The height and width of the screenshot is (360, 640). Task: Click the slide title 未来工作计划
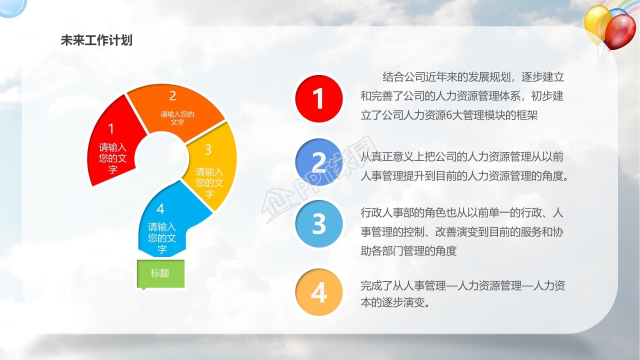click(x=96, y=40)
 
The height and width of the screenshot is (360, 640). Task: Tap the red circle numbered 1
click(x=319, y=99)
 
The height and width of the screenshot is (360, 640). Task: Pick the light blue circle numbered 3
click(x=319, y=223)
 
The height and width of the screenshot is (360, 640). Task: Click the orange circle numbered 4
click(x=319, y=292)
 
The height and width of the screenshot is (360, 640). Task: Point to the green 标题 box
click(x=160, y=273)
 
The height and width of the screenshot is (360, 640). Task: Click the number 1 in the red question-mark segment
click(x=111, y=129)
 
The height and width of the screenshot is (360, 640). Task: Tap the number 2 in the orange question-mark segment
click(x=172, y=96)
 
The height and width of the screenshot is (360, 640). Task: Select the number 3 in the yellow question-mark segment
click(x=208, y=149)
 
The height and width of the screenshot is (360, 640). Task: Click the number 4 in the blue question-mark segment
click(x=160, y=209)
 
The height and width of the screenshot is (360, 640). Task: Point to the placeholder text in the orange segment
click(x=177, y=118)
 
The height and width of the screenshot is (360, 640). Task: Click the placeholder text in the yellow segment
click(x=209, y=183)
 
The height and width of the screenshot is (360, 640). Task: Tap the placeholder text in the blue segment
click(x=162, y=238)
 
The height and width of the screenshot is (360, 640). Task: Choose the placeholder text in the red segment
click(x=113, y=158)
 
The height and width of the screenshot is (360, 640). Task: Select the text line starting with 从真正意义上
click(x=461, y=156)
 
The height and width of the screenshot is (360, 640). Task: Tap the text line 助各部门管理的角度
click(x=408, y=251)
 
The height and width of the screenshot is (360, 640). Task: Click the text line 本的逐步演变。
click(x=395, y=302)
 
